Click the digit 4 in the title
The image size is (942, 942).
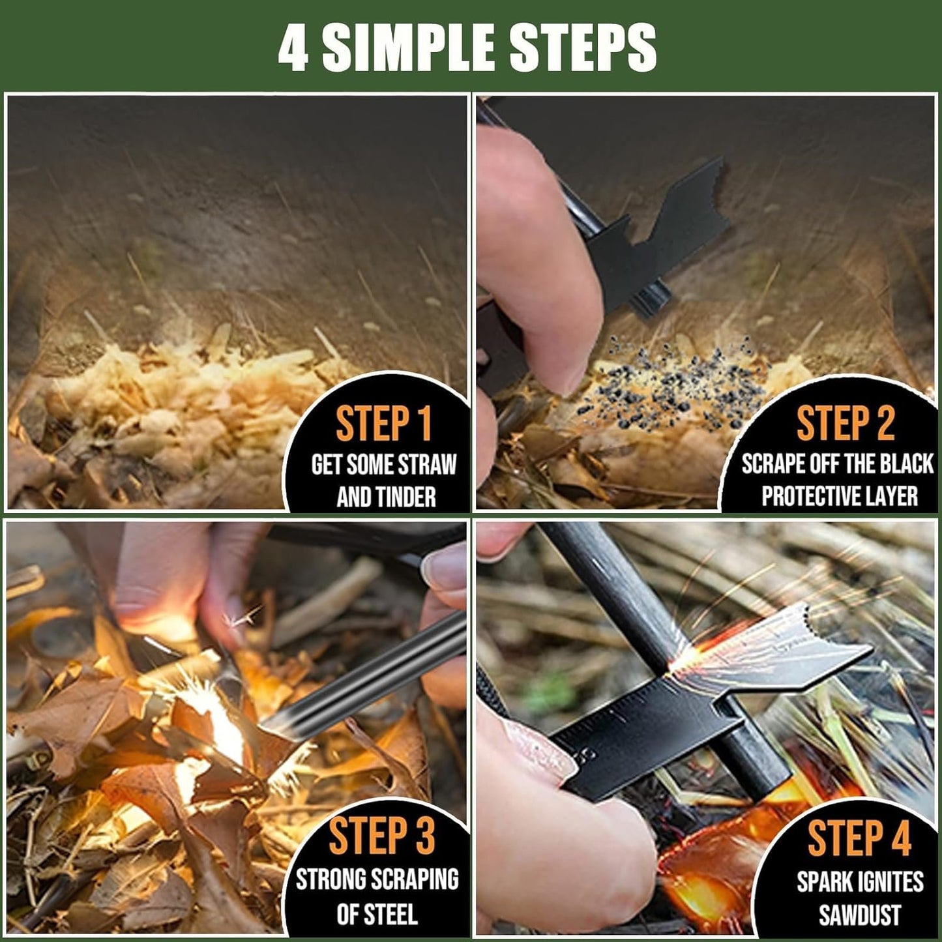coord(293,48)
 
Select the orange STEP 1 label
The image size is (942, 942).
coord(383,424)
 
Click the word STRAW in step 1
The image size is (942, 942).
coord(427,465)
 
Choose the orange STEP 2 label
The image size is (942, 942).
coord(845,424)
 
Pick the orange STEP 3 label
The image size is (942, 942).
coord(381,836)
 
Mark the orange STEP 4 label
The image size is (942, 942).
coord(859,838)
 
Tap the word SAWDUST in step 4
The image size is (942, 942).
coord(859,915)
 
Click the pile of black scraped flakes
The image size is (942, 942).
coord(671,381)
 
